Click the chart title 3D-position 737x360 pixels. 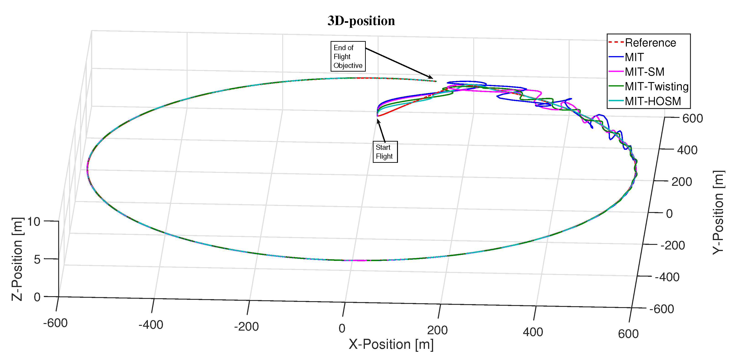tap(361, 21)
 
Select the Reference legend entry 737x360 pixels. tap(650, 43)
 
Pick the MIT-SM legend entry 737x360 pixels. tap(644, 72)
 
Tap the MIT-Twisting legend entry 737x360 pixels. tap(656, 86)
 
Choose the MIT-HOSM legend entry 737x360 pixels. tap(653, 101)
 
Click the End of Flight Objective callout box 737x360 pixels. tap(348, 56)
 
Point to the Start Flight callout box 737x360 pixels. tap(385, 152)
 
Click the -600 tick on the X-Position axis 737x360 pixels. tap(55, 323)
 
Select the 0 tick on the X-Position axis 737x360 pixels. tap(342, 328)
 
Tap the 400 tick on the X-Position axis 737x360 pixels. tap(533, 332)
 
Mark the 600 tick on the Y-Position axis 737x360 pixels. tap(692, 118)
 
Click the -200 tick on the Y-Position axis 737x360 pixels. tap(672, 245)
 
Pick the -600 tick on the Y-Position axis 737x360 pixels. tap(661, 309)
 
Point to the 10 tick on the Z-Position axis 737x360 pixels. tap(34, 222)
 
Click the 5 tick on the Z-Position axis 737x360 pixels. tap(37, 260)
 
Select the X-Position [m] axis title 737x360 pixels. tap(391, 344)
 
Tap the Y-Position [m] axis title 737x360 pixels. tap(718, 212)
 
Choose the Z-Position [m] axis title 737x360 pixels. tap(17, 259)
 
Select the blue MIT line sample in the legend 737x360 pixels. tap(616, 57)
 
